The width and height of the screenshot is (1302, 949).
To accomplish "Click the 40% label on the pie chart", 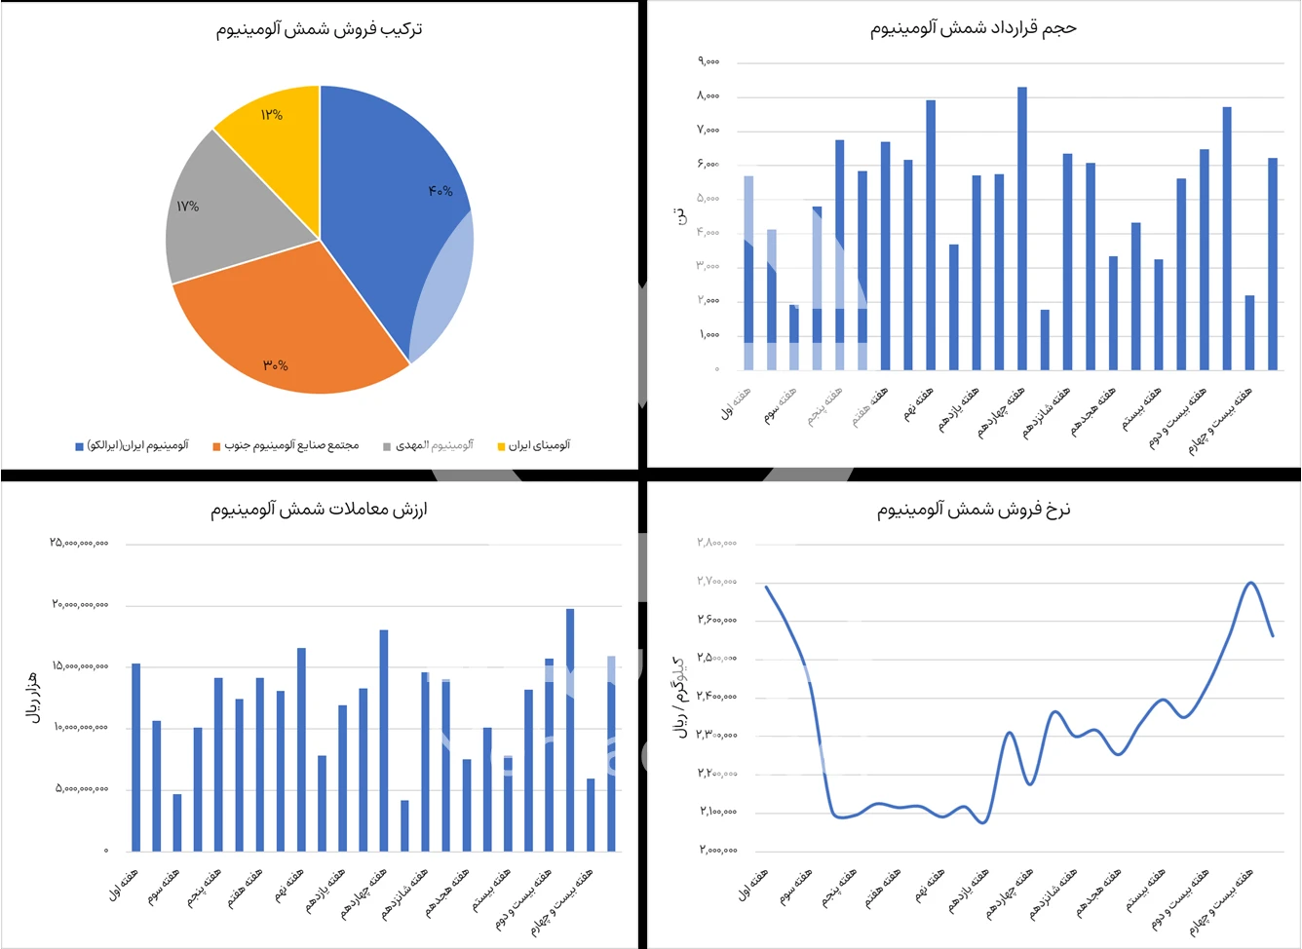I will point(440,191).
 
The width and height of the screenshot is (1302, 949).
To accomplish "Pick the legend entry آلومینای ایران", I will point(534,445).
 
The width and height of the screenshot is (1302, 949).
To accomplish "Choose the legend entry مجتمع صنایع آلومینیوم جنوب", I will point(286,445).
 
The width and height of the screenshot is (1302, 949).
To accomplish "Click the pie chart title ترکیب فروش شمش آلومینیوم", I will point(319,29).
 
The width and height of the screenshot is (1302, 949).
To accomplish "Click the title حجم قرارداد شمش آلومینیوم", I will point(973,28).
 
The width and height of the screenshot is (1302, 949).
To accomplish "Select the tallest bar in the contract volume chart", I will point(1022,228).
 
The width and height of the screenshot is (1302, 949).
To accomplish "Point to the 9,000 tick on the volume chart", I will point(708,61).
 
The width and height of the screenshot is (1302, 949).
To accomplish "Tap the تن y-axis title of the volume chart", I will point(681,215).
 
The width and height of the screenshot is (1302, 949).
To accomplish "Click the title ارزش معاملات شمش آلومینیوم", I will point(319,509).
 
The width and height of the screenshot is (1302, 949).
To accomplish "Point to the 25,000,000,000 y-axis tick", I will point(80,543).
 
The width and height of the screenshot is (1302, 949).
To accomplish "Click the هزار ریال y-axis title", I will point(33,698).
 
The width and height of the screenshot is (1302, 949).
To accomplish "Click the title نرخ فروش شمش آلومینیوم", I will point(973,509).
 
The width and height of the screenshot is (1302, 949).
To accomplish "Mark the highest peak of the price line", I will point(1250,583).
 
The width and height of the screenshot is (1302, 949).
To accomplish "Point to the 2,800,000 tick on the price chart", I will point(716,543).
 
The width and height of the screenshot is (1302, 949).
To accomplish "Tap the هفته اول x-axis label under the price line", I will point(752,885).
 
